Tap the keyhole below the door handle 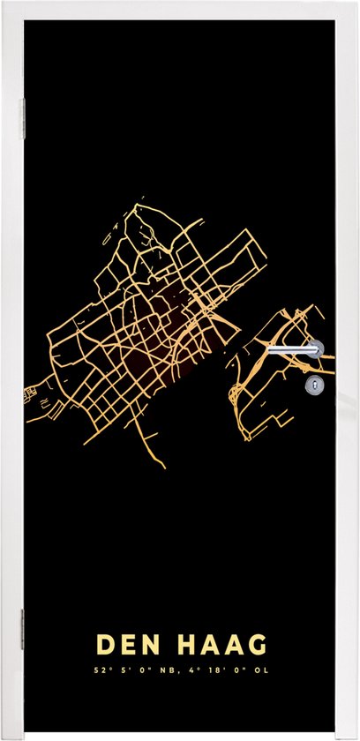[312, 385]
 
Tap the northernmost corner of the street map [139, 206]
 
